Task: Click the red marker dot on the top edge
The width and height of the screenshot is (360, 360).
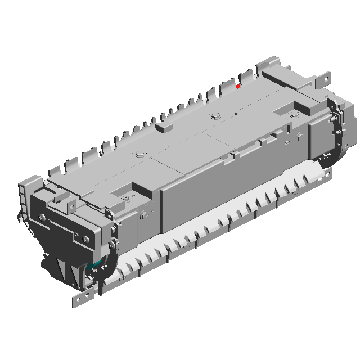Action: pos(238,86)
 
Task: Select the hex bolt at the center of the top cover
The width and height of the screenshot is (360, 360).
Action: pos(214,117)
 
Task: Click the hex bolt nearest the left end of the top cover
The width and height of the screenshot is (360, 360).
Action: pos(138,154)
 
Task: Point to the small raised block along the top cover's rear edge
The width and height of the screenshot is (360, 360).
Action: pos(164,128)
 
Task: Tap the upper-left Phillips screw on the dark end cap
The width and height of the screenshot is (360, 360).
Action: pos(42,217)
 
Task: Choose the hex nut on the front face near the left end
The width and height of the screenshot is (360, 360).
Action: pos(145,213)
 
